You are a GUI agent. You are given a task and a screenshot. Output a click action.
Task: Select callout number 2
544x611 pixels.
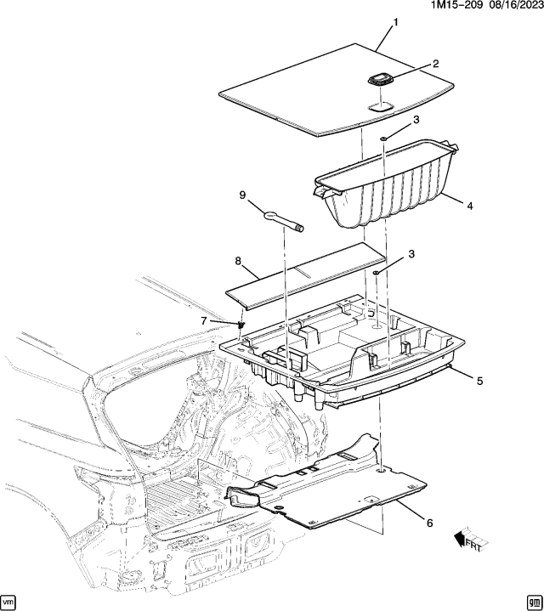[435, 64]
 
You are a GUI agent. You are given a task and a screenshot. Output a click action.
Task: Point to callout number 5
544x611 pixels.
[479, 382]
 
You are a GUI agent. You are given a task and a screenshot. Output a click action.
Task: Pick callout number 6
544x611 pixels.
[428, 523]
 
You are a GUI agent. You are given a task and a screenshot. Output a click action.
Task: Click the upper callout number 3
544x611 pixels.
[416, 122]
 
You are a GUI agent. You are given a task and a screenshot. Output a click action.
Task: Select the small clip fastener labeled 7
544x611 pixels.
[241, 324]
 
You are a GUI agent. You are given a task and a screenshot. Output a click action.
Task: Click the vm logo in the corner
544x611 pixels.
[10, 600]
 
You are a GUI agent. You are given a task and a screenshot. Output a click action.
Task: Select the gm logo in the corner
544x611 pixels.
[533, 600]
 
